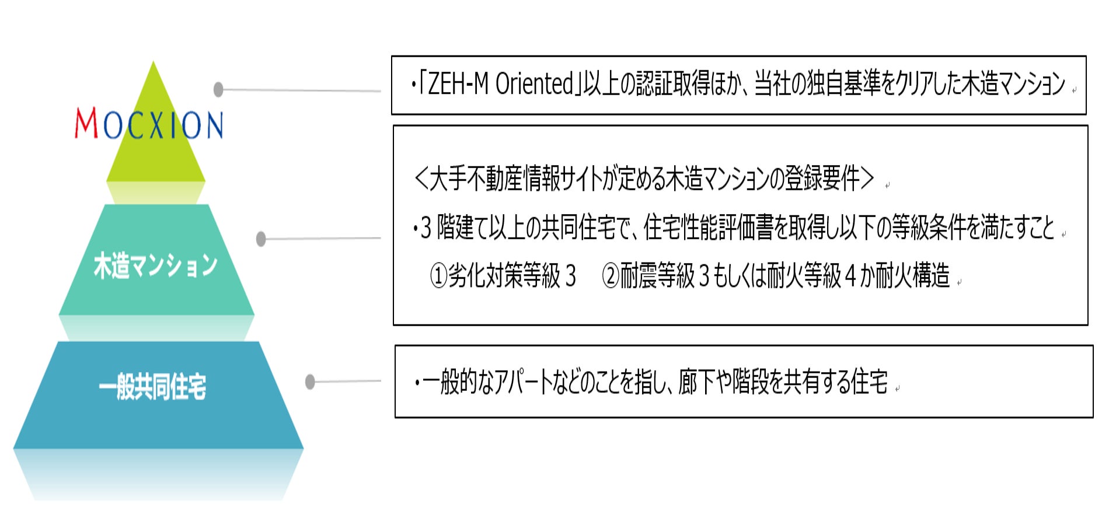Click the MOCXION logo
coord(149,124)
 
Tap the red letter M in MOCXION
coord(86,124)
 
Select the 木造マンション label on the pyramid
coord(155,265)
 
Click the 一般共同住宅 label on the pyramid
coord(152,386)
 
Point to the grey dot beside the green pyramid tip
coord(218,89)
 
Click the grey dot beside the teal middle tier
coord(261,239)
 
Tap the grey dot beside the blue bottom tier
coord(310,381)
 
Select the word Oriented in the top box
coord(533,84)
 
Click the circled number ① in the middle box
coord(438,275)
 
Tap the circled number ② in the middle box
coord(610,275)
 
